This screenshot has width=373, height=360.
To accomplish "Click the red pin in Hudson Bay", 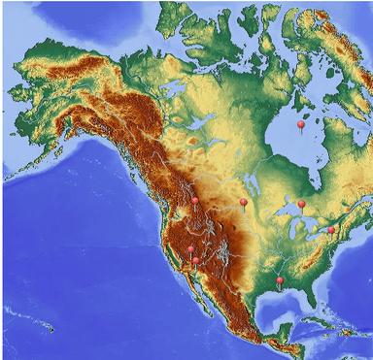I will tap(301, 125).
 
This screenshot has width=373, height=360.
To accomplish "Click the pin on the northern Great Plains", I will tap(243, 202).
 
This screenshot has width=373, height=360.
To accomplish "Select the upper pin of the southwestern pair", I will tap(190, 249).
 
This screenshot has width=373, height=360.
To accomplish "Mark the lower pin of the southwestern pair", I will tap(195, 260).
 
